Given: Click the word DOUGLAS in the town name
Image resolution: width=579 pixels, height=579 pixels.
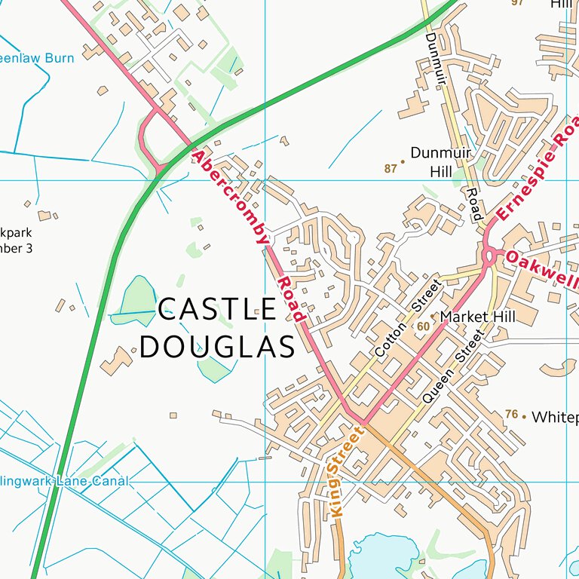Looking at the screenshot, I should (x=217, y=348).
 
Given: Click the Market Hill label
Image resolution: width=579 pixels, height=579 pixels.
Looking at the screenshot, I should (x=478, y=317).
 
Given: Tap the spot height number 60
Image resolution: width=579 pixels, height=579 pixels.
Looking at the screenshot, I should (x=422, y=326).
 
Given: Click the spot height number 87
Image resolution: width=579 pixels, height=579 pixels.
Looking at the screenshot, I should (x=390, y=168).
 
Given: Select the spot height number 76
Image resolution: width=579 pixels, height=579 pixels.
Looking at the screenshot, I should (x=512, y=415).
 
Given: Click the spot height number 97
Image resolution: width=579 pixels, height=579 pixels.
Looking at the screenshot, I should (x=517, y=3).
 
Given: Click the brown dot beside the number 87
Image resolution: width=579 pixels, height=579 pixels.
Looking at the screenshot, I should (x=403, y=161).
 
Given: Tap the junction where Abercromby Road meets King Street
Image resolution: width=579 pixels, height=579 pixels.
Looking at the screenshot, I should (x=361, y=421).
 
